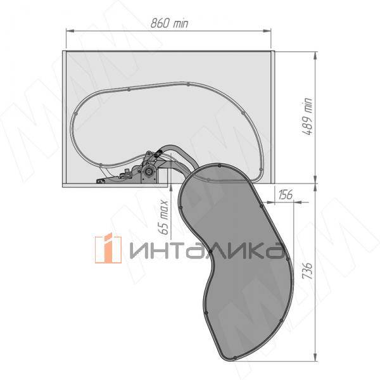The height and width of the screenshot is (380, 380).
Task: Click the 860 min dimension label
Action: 169,23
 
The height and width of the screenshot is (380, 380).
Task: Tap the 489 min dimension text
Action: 308,117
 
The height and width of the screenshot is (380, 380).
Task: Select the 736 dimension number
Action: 308,270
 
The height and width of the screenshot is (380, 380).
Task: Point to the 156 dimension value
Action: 286,194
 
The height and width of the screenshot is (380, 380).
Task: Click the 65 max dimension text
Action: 164,217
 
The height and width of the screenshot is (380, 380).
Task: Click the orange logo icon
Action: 108,248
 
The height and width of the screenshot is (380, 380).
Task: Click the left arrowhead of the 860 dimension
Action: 70,31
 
